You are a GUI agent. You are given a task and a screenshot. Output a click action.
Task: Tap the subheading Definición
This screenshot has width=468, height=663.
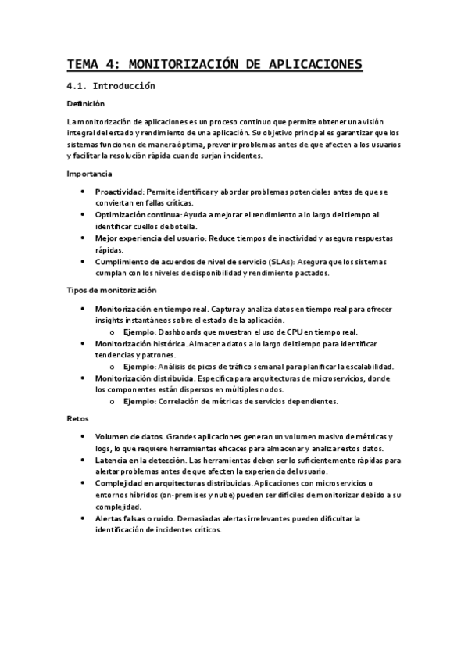click(x=85, y=103)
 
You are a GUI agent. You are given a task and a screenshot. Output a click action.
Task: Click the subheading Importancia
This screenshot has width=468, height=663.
click(x=89, y=174)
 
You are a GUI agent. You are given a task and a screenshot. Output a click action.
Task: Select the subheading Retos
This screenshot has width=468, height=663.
click(x=77, y=419)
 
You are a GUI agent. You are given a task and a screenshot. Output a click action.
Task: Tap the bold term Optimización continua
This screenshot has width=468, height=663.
click(x=138, y=214)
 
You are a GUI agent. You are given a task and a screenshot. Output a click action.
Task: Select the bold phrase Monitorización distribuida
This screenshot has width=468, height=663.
click(x=142, y=378)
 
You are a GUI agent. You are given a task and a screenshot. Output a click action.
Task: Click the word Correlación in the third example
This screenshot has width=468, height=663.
click(x=182, y=402)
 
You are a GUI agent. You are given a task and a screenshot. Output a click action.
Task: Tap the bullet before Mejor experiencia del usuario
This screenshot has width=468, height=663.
click(x=84, y=238)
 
